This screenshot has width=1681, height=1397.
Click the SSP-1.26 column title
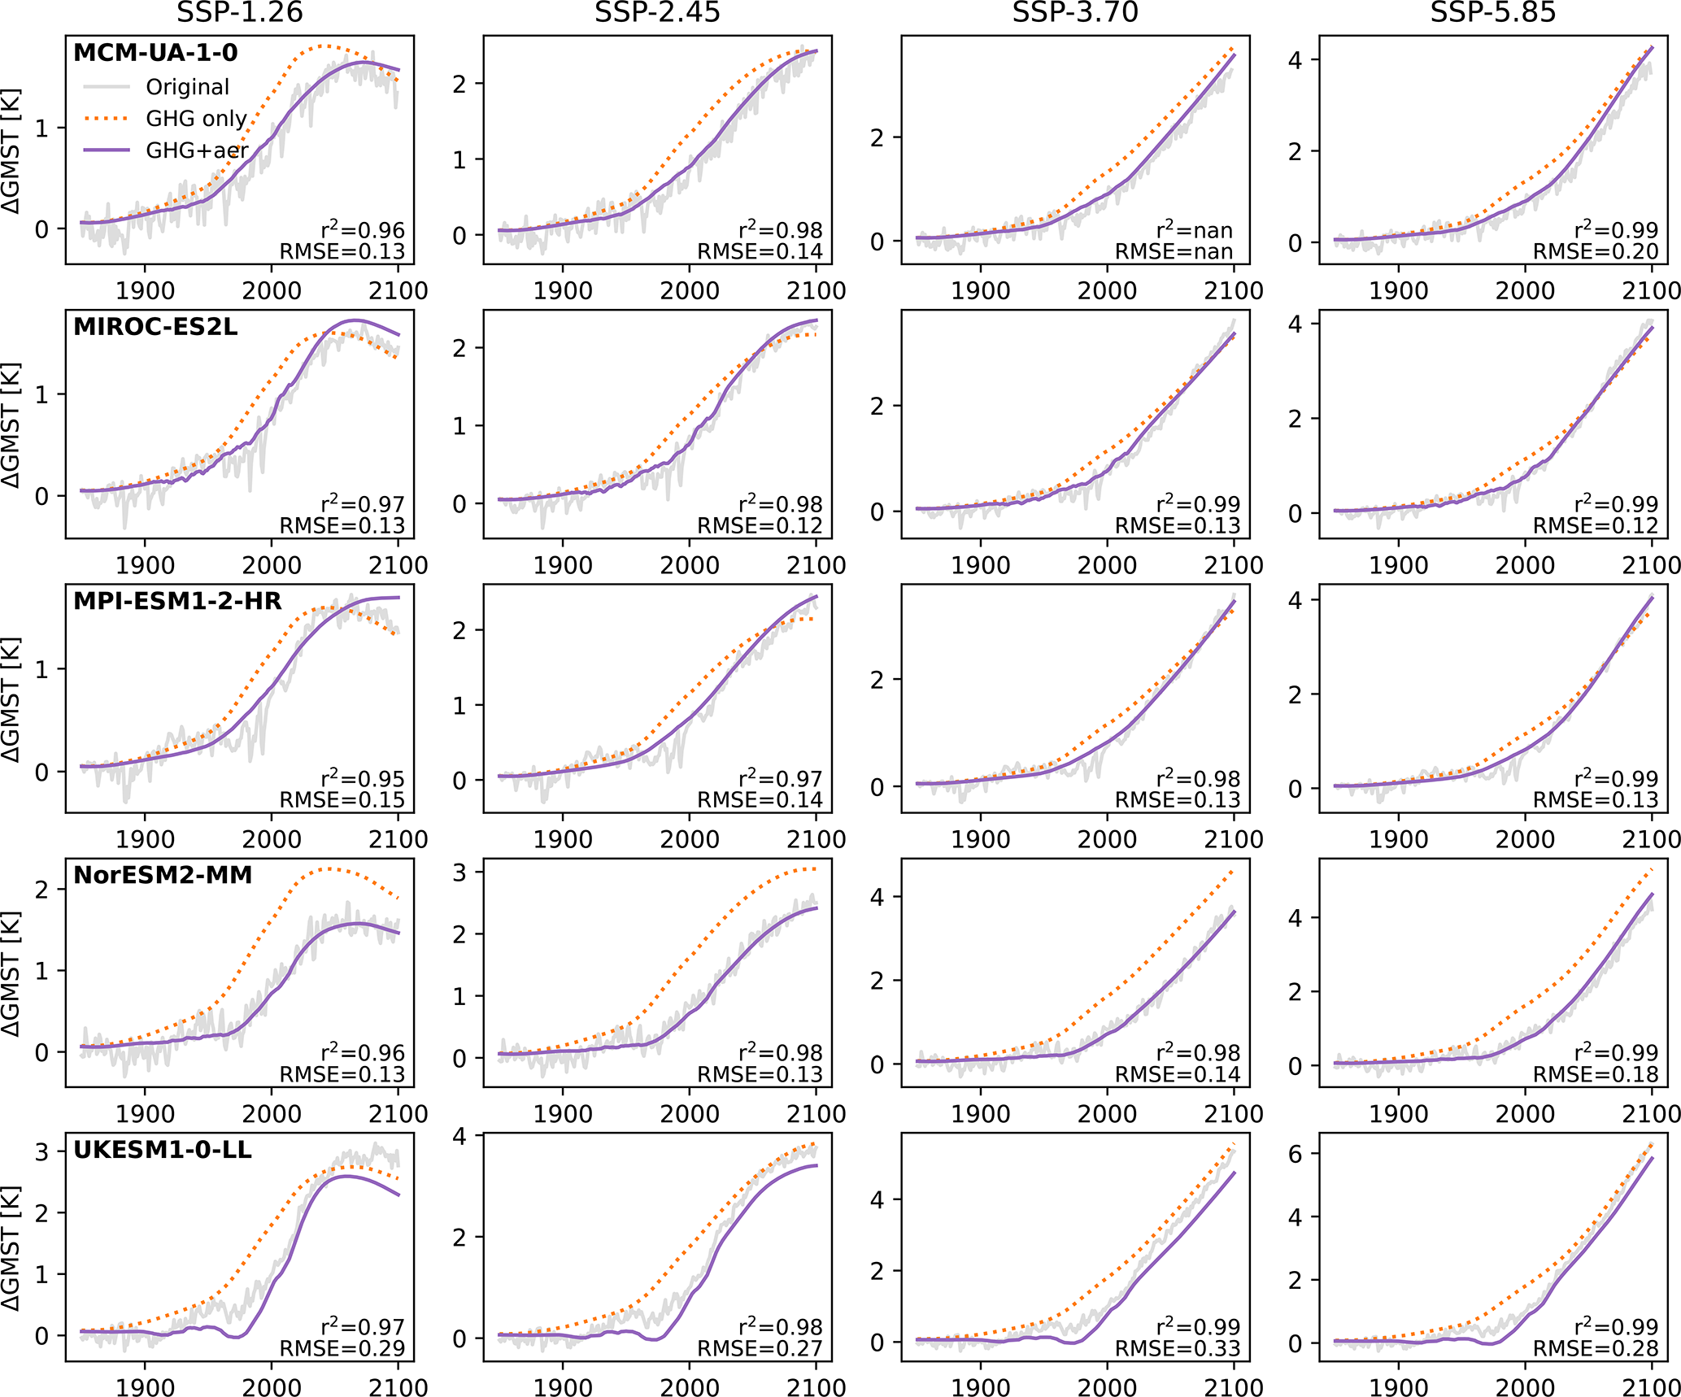[x=239, y=12]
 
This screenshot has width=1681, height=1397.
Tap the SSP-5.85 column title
[x=1493, y=12]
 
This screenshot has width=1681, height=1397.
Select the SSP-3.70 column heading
[x=1075, y=12]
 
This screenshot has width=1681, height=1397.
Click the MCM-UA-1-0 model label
[x=155, y=53]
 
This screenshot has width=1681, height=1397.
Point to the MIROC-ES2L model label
[x=155, y=327]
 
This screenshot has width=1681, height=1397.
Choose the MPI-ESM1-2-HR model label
[x=177, y=601]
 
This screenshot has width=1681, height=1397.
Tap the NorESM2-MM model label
[x=163, y=875]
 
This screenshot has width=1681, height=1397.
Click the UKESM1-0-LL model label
[x=163, y=1150]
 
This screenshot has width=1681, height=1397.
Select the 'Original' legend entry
[x=187, y=87]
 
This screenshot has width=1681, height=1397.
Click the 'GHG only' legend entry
[x=196, y=119]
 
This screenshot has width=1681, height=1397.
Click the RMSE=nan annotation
[x=1174, y=252]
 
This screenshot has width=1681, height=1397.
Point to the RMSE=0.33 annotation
[x=1177, y=1349]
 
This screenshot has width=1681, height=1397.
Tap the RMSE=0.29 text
[x=342, y=1349]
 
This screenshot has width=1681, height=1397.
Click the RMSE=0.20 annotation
[x=1595, y=252]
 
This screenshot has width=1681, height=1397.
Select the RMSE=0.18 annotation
[x=1595, y=1075]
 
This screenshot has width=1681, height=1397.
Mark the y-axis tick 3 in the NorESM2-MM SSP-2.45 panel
[x=459, y=873]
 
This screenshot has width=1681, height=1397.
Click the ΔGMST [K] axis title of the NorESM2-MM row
[x=11, y=973]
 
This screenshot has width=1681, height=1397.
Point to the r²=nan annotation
[x=1194, y=230]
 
